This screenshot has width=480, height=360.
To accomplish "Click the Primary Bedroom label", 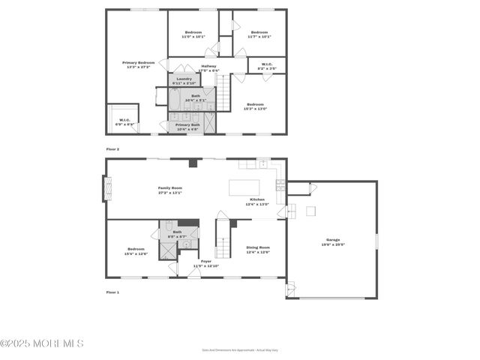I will pyautogui.click(x=139, y=64).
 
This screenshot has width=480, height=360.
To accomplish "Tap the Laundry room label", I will pyautogui.click(x=184, y=80).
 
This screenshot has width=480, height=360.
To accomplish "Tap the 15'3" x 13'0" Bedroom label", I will pyautogui.click(x=255, y=106).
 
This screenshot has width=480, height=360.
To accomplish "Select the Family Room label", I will pyautogui.click(x=169, y=190).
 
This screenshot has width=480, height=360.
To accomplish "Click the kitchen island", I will pyautogui.click(x=244, y=187).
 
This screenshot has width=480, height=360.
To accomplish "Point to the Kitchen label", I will pyautogui.click(x=257, y=202).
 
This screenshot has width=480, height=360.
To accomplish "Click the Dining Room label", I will pyautogui.click(x=257, y=250).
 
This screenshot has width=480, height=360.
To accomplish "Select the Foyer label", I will pyautogui.click(x=205, y=264).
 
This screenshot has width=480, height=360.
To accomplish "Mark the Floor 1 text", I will pyautogui.click(x=112, y=292).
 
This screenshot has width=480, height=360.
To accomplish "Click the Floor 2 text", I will pyautogui.click(x=112, y=149).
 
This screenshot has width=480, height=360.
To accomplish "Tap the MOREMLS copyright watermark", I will pyautogui.click(x=42, y=343).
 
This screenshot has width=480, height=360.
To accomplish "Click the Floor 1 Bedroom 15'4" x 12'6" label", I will pyautogui.click(x=136, y=251).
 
